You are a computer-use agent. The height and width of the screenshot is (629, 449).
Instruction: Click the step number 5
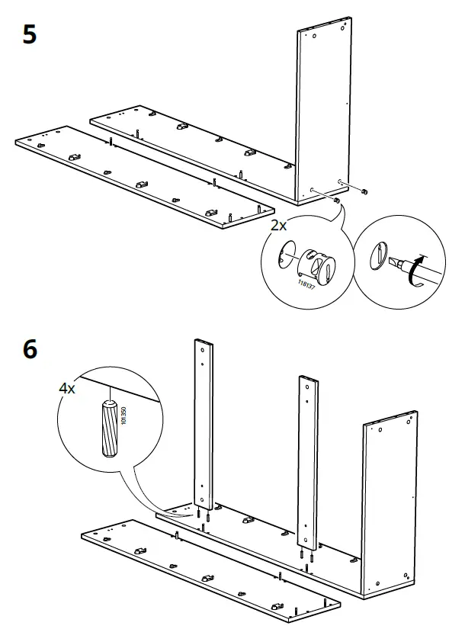[x=29, y=36]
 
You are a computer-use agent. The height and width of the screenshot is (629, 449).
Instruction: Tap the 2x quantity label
[x=278, y=226]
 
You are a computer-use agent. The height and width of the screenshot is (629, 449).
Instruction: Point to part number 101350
[x=123, y=415]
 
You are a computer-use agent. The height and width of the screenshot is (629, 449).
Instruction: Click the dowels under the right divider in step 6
[x=306, y=560]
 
